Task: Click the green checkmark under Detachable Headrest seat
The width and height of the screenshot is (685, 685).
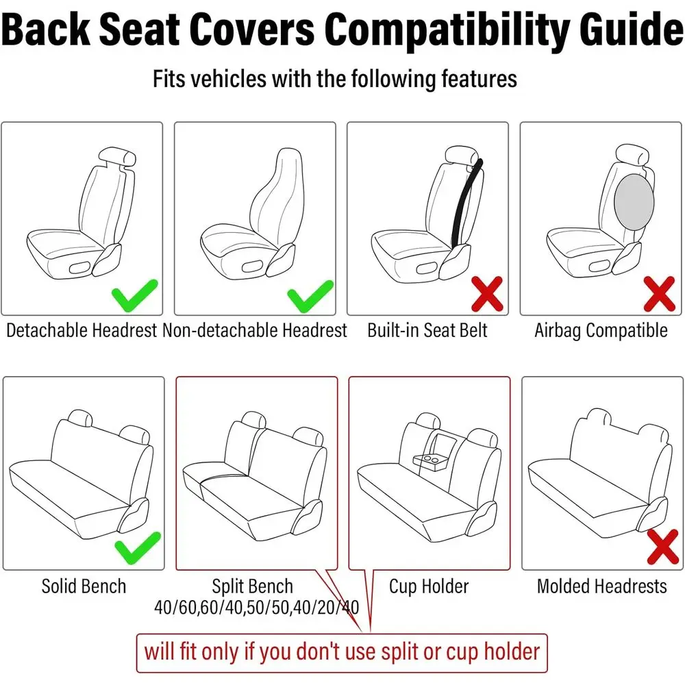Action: click(x=134, y=296)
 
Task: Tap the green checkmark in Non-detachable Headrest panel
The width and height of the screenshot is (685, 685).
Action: click(x=310, y=296)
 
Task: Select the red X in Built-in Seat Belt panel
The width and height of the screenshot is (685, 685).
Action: click(x=487, y=294)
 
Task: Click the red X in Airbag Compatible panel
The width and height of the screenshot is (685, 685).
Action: click(x=660, y=294)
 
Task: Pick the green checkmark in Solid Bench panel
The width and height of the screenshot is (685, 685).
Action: click(x=137, y=548)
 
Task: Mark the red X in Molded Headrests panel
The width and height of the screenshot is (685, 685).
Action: click(x=663, y=546)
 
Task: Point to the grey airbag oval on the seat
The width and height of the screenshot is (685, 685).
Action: click(x=634, y=202)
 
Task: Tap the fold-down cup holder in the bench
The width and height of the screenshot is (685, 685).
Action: click(x=428, y=462)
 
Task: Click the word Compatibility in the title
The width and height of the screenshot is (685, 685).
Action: click(x=446, y=29)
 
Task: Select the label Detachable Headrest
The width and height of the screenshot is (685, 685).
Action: click(x=82, y=330)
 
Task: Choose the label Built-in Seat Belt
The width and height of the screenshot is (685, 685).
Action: click(x=427, y=330)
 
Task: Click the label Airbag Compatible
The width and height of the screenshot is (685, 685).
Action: click(x=601, y=331)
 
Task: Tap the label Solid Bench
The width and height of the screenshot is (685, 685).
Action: click(x=84, y=586)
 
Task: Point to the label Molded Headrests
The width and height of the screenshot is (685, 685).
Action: click(x=602, y=586)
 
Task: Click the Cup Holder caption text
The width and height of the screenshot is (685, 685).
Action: click(x=429, y=587)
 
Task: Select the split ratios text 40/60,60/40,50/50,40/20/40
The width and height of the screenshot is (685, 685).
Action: click(x=257, y=608)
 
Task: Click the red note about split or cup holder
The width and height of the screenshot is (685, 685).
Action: click(x=342, y=652)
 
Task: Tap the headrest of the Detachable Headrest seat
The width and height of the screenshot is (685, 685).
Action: click(x=117, y=156)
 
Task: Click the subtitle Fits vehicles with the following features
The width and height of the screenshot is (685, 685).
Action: click(x=335, y=79)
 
